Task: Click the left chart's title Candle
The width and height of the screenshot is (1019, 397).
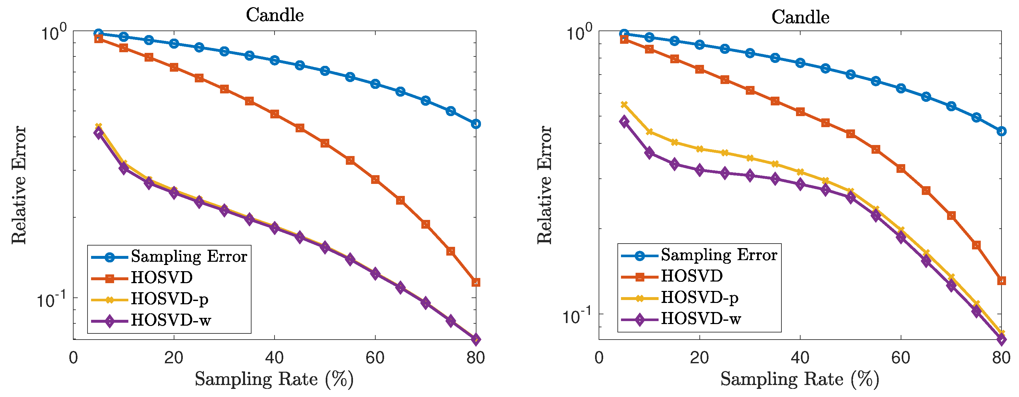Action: [x=275, y=15]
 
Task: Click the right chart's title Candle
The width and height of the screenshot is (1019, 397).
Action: [x=800, y=17]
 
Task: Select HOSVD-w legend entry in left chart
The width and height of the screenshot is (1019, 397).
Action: [x=170, y=320]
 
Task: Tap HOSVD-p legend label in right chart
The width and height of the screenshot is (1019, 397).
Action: [x=699, y=297]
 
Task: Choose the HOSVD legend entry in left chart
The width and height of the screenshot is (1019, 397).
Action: [x=161, y=277]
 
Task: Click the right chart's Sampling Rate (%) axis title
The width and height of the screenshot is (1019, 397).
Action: [x=800, y=379]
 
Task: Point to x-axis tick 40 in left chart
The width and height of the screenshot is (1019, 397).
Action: [x=274, y=358]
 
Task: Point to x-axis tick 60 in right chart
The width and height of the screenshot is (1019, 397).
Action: [x=901, y=358]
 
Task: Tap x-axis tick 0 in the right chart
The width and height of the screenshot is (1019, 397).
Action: [x=599, y=358]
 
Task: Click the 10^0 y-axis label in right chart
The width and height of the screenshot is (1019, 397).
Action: [x=579, y=32]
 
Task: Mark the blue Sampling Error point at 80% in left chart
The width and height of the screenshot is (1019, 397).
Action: [x=475, y=124]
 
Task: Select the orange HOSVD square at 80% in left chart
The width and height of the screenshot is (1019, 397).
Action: [x=475, y=282]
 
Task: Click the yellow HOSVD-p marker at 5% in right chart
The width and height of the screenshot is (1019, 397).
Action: [x=624, y=104]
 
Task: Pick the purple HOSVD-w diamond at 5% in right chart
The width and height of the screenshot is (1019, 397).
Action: [x=624, y=122]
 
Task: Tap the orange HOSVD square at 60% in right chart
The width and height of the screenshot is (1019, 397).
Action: [x=901, y=169]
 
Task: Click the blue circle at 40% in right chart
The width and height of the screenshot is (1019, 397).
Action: [x=800, y=63]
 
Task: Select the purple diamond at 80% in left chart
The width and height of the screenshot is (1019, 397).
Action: [x=475, y=339]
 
